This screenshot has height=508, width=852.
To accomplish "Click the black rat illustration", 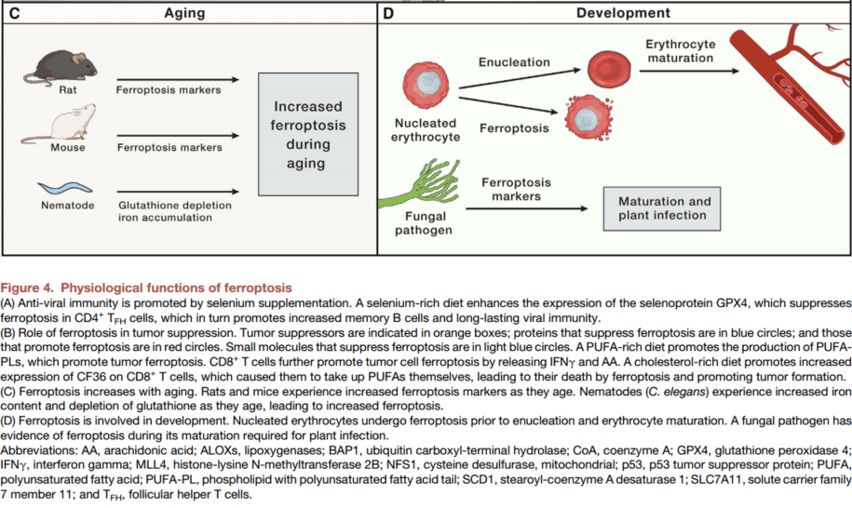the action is point(61,67).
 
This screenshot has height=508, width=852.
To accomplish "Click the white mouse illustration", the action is point(60,124).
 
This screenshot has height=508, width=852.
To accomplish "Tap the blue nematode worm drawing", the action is point(65,188).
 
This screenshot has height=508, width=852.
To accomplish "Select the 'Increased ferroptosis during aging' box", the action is point(308,134).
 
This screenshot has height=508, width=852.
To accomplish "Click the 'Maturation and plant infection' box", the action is point(662,209).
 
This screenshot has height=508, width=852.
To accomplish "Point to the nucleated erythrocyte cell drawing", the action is point(426,86).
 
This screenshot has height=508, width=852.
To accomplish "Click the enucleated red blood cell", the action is point(609,70).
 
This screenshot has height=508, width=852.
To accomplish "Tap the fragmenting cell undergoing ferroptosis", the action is point(588,118).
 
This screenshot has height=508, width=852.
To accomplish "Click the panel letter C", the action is point(15,13).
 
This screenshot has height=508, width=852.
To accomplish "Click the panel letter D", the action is point(388,13).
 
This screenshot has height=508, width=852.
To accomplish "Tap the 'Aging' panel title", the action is point(184,13).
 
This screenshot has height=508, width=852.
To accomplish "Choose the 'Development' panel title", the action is point(623,13).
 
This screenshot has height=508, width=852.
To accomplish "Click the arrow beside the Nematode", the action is point(178,192).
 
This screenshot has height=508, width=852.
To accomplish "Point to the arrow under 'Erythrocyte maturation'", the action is point(690,71).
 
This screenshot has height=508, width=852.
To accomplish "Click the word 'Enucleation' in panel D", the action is point(514,62).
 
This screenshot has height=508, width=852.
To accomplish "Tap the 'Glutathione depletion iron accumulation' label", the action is point(175,211).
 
